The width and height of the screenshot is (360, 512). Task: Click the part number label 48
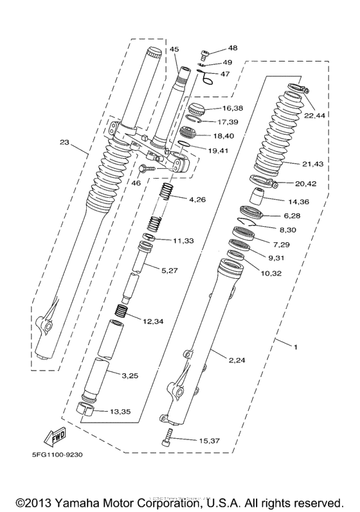(x=232, y=48)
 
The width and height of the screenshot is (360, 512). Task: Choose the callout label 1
(x=295, y=348)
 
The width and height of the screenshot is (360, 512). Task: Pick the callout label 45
(x=174, y=49)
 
